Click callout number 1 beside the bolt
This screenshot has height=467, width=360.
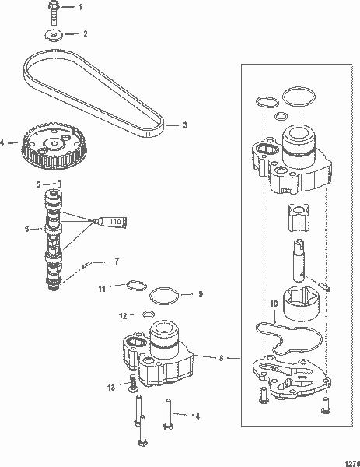pyautogui.click(x=85, y=7)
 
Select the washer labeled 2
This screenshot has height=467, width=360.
pyautogui.click(x=54, y=36)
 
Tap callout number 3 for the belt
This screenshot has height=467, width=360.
pyautogui.click(x=184, y=124)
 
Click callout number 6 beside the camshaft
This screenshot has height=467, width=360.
pyautogui.click(x=26, y=229)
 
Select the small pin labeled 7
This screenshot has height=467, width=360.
pyautogui.click(x=89, y=263)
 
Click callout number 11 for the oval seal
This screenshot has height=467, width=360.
pyautogui.click(x=101, y=289)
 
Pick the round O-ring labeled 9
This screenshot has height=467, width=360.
pyautogui.click(x=164, y=297)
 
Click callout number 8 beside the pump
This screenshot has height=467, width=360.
pyautogui.click(x=222, y=358)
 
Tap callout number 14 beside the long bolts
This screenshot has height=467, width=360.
pyautogui.click(x=196, y=416)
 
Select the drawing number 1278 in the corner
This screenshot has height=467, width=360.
pyautogui.click(x=349, y=458)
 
